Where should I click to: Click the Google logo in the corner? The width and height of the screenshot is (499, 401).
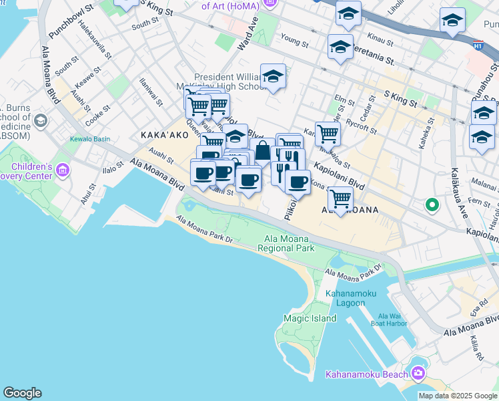22,393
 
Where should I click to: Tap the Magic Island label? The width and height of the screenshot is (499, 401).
310,319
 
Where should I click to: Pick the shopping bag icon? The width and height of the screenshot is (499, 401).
263,151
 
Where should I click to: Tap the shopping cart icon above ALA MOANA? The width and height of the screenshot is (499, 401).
340,197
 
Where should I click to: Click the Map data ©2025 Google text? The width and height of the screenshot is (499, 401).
458,396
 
